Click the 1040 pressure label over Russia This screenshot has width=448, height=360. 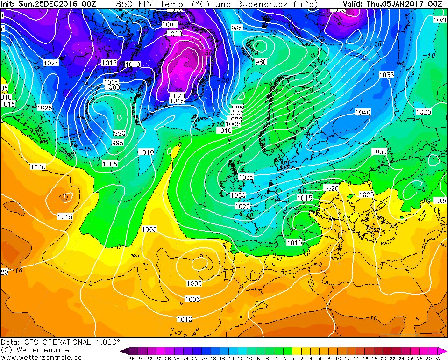coord(363,112)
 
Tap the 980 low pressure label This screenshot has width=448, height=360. coord(261,62)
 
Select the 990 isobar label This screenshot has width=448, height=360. coord(119,133)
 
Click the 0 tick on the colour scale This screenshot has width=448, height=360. coord(292,358)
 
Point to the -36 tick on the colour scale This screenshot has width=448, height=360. coord(126,358)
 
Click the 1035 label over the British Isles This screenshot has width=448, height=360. coord(246,177)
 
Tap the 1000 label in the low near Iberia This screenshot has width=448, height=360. coord(194,283)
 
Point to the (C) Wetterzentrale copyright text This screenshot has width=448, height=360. coord(35,350)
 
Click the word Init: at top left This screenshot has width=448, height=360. coord(8,4)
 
